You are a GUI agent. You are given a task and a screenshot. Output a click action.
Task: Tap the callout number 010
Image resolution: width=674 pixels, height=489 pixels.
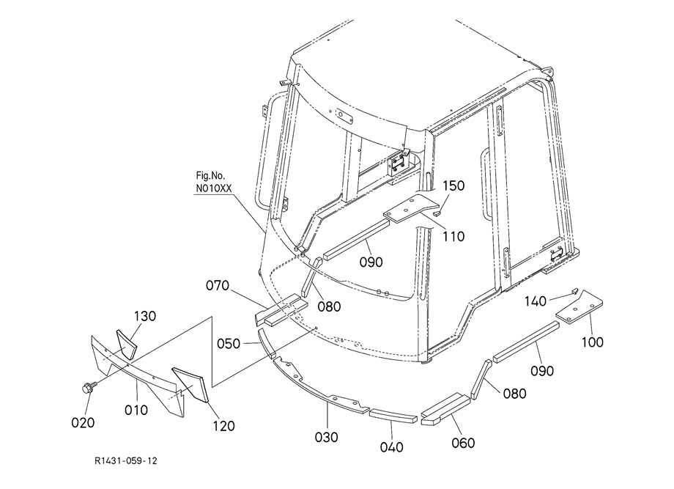(x=136, y=409)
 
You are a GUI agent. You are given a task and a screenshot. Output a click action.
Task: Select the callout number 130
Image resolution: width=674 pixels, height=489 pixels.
(x=145, y=316)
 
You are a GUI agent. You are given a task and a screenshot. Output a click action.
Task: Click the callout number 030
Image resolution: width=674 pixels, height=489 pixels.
(x=327, y=437)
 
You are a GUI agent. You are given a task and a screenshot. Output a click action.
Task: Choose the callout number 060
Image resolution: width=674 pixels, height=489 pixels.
(x=463, y=442)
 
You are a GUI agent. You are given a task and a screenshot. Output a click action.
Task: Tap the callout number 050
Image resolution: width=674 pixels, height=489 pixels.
(x=230, y=342)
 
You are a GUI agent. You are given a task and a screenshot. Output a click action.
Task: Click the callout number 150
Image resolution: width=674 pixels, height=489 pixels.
(x=453, y=186)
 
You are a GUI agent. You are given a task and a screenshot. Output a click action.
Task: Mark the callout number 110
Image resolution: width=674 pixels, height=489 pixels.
(x=453, y=236)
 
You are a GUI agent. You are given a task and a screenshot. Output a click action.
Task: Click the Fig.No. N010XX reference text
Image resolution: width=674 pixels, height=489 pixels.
(x=212, y=182)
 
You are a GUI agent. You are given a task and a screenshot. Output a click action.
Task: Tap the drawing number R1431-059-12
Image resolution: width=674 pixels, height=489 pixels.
(x=126, y=461)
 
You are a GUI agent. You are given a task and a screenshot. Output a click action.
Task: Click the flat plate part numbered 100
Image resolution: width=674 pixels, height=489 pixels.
(x=579, y=308)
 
